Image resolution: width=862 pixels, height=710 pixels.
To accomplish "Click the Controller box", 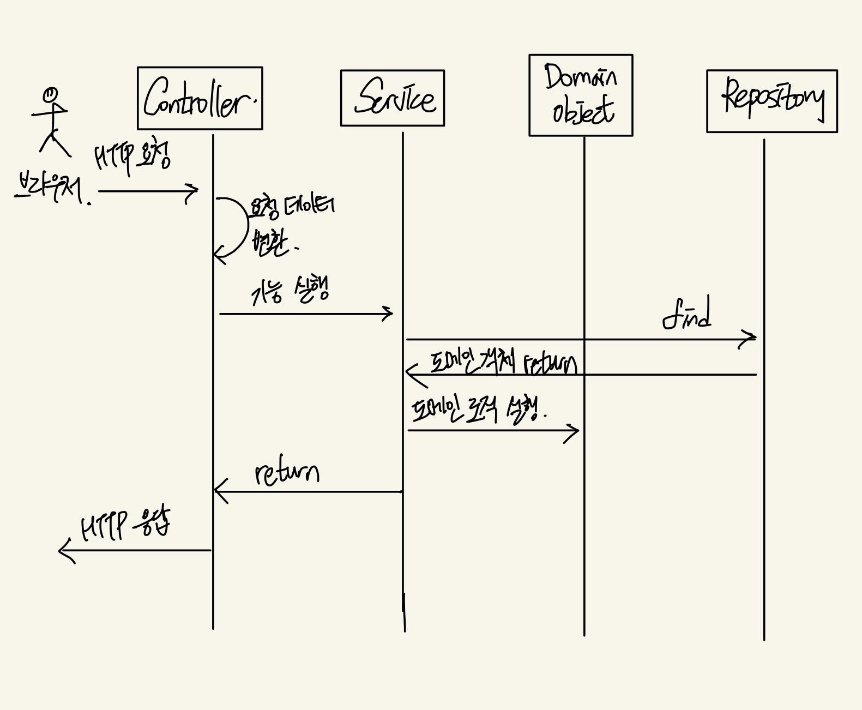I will click(200, 98).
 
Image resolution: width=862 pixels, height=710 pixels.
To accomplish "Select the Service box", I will click(392, 98).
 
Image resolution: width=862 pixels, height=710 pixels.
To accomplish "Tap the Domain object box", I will click(581, 95).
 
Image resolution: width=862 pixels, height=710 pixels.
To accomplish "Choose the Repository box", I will click(771, 101).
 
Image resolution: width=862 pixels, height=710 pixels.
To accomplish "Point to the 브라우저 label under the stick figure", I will click(49, 189).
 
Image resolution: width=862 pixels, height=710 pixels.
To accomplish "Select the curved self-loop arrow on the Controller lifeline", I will click(240, 226).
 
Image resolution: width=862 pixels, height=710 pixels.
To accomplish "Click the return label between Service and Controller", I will click(287, 473).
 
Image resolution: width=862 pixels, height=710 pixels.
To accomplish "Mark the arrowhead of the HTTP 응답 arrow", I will click(62, 550).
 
